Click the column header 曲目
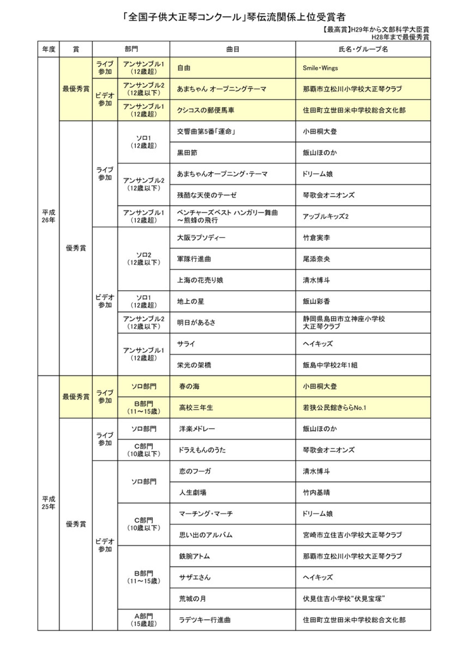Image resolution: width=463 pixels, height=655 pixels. [x=233, y=49]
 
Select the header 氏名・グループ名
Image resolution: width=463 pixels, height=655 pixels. [x=363, y=49]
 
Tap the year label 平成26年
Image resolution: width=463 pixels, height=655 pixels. [x=48, y=216]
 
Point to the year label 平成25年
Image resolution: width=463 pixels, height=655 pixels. [x=48, y=503]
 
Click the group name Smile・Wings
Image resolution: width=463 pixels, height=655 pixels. [x=320, y=68]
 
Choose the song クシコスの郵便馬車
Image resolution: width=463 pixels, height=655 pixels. [x=206, y=110]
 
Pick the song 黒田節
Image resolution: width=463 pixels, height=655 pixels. [x=187, y=153]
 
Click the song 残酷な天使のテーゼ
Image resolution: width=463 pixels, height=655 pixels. [x=207, y=195]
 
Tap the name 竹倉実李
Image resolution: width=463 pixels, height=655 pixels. [x=317, y=238]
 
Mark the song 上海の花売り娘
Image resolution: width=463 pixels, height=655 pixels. [x=200, y=280]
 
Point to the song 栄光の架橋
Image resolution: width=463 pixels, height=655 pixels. [x=194, y=365]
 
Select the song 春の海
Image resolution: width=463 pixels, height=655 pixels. [x=189, y=386]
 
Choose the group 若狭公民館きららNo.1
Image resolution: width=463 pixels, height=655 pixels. [x=334, y=408]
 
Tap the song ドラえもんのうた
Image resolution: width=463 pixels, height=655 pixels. [x=202, y=450]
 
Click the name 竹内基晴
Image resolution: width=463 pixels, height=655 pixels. [x=317, y=492]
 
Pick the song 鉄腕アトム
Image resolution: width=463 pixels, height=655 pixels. [x=194, y=556]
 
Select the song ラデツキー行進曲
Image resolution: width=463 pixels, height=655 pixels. [x=205, y=620]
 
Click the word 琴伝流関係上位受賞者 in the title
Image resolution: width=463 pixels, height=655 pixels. [x=296, y=17]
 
